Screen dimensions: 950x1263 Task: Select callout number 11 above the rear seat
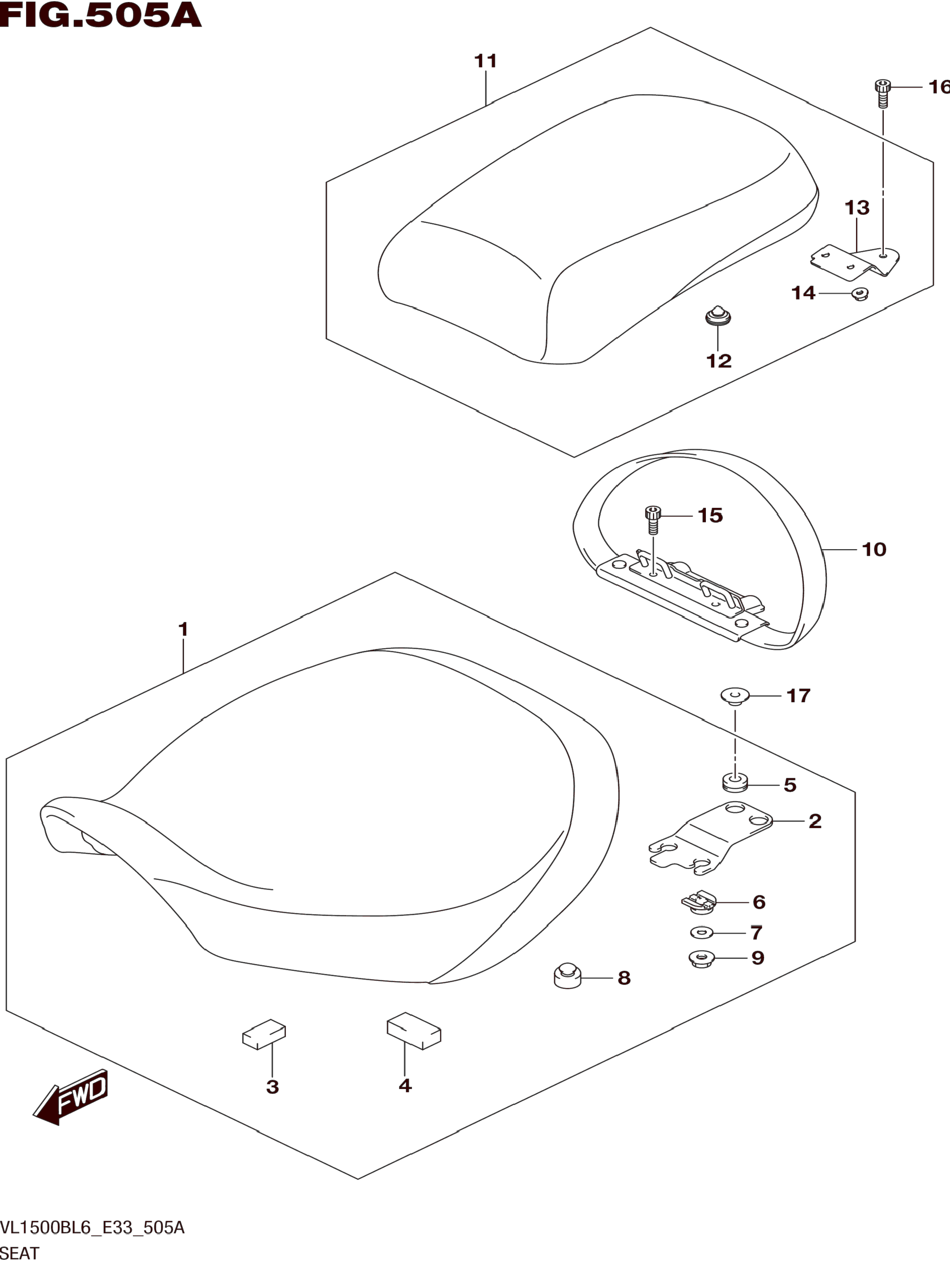pyautogui.click(x=486, y=61)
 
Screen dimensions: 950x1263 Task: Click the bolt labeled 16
pyautogui.click(x=883, y=94)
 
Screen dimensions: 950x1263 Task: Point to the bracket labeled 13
pyautogui.click(x=855, y=262)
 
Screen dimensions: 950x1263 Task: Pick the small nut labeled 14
pyautogui.click(x=860, y=294)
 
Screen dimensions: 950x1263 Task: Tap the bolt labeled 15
pyautogui.click(x=652, y=519)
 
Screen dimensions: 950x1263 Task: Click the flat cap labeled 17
pyautogui.click(x=735, y=696)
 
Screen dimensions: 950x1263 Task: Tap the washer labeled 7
pyautogui.click(x=702, y=933)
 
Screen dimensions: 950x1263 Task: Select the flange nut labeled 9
pyautogui.click(x=702, y=958)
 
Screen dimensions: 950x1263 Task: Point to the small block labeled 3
pyautogui.click(x=264, y=1034)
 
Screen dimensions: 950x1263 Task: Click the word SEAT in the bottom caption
pyautogui.click(x=20, y=1253)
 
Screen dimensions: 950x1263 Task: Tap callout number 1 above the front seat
pyautogui.click(x=183, y=629)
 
